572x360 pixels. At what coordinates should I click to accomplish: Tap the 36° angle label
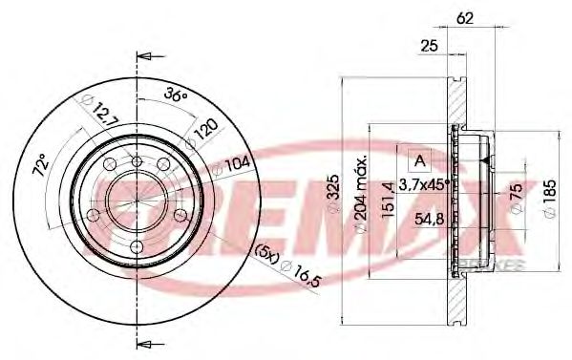click(x=176, y=95)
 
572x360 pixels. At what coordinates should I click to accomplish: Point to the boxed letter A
click(x=417, y=159)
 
